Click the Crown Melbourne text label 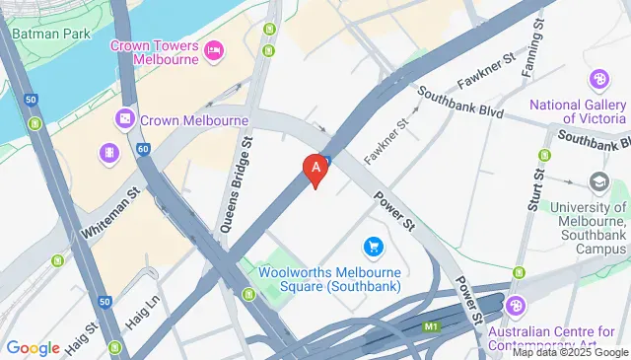pyautogui.click(x=193, y=120)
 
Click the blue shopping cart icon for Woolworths pyautogui.click(x=373, y=245)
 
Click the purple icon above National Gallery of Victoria pyautogui.click(x=597, y=79)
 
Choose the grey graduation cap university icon pyautogui.click(x=598, y=181)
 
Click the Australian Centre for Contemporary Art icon pyautogui.click(x=515, y=306)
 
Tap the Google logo pyautogui.click(x=33, y=348)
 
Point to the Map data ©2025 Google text pyautogui.click(x=569, y=352)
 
